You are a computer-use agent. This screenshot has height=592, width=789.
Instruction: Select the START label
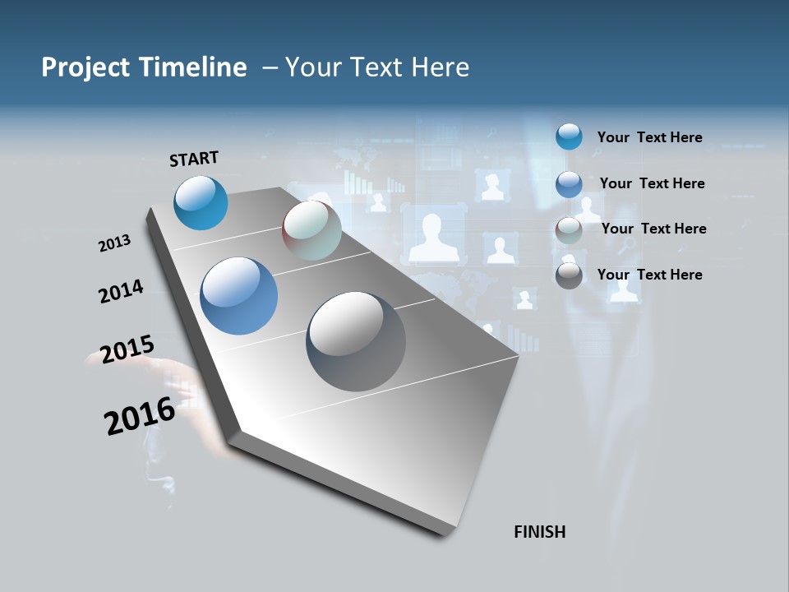click(x=194, y=159)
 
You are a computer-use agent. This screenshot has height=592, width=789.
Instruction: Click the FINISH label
click(x=540, y=532)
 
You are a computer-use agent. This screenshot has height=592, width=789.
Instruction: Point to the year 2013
click(x=114, y=243)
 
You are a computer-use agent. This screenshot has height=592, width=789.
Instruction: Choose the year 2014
click(x=122, y=291)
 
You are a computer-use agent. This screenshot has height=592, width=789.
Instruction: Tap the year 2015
click(x=127, y=349)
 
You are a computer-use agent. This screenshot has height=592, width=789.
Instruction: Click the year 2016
click(x=140, y=415)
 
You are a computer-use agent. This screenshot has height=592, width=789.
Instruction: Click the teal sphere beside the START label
click(x=201, y=202)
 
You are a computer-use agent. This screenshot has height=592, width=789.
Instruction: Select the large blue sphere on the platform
click(x=239, y=296)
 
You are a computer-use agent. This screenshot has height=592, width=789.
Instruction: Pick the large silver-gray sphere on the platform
click(x=356, y=341)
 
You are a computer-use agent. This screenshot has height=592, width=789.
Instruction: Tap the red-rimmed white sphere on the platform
click(x=311, y=230)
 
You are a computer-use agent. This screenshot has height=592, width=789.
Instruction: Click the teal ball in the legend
click(x=569, y=137)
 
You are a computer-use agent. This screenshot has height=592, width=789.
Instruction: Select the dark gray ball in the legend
click(x=569, y=275)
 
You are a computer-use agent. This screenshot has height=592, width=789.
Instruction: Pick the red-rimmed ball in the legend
click(x=569, y=230)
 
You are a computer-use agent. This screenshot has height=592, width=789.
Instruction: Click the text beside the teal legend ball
click(x=649, y=137)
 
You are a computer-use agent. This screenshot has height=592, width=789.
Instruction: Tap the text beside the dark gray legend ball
click(x=649, y=275)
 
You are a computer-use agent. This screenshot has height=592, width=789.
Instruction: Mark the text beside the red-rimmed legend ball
click(x=653, y=229)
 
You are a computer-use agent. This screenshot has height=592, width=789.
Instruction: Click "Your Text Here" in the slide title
click(x=376, y=67)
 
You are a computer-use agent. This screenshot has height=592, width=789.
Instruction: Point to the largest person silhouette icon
click(x=434, y=237)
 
